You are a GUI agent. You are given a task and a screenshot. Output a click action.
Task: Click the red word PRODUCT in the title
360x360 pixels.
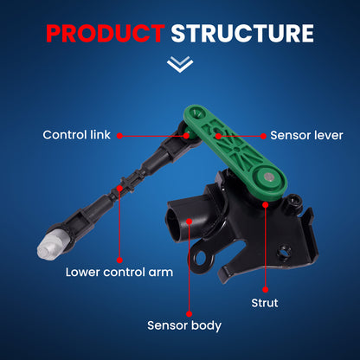coord(106,33)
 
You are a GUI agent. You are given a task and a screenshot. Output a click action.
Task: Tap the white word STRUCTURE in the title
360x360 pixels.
coord(242,33)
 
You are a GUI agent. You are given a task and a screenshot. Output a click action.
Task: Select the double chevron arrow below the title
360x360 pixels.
coord(180,64)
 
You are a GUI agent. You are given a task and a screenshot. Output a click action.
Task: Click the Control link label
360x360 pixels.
coord(76,135)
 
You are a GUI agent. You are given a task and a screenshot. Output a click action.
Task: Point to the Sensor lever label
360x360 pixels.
coord(306,135)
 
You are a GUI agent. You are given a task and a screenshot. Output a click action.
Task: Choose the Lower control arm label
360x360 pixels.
coord(119,272)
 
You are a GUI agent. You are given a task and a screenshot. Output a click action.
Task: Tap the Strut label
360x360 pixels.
coord(265,303)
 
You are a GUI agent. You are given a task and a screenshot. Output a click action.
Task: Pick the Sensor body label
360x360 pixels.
coord(184,325)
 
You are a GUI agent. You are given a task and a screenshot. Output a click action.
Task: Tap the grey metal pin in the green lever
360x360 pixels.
coord(269,177)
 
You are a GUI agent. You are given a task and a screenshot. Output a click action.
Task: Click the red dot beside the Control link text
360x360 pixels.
coord(119,136)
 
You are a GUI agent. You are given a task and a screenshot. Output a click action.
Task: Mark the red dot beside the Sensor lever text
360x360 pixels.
coord(263,136)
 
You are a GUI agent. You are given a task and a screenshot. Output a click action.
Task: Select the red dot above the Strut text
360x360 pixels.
coord(266,290)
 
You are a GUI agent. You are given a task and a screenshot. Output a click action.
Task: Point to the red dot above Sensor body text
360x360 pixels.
coord(190,314)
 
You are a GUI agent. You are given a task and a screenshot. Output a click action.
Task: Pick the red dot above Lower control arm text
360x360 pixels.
coord(119,260)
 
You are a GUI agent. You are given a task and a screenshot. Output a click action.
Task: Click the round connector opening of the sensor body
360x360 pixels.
coord(174,223)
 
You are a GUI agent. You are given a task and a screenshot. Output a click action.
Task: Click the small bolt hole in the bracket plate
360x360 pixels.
coord(284,252)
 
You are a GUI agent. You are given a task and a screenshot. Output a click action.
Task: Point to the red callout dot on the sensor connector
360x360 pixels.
coord(190,222)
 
